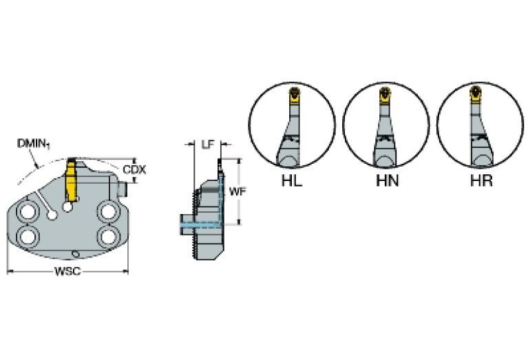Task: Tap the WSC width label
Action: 67,271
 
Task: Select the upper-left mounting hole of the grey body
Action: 28,211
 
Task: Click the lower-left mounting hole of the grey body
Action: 28,237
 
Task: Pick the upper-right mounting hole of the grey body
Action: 107,211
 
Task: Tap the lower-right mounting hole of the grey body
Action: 107,237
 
